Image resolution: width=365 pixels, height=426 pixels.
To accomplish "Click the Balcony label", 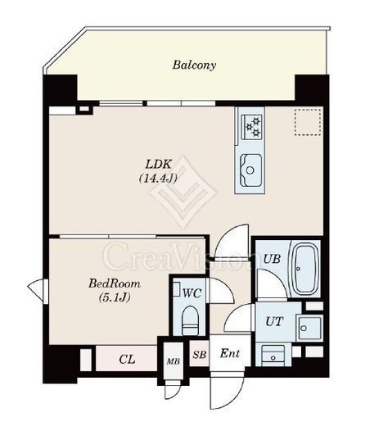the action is click(194, 66).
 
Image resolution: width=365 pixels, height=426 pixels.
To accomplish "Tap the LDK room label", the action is click(158, 165).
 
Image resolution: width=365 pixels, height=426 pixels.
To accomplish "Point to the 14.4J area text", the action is click(158, 179).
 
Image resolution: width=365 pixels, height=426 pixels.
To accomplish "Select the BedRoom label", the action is click(115, 283).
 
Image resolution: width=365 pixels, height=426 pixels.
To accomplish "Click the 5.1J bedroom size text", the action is click(115, 297).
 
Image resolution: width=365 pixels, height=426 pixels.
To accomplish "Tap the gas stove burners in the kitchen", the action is click(251, 126).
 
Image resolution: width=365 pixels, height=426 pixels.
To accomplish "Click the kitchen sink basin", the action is click(250, 170).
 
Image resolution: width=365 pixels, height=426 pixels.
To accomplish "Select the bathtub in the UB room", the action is click(305, 269).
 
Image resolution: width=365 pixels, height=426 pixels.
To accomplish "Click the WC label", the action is click(192, 293).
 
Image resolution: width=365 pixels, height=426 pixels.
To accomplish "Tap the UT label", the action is click(274, 322).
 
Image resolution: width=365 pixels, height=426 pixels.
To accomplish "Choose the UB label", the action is click(272, 259).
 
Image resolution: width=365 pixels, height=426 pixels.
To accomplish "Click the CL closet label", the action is click(127, 360).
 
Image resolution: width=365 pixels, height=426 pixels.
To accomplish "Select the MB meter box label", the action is click(173, 361).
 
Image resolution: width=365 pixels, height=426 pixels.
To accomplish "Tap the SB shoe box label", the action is click(200, 355).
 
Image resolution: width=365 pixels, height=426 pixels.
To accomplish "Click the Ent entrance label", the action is click(230, 353).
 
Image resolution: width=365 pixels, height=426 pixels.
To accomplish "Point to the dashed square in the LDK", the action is click(308, 122).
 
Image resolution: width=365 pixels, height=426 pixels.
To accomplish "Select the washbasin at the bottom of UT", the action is click(273, 356).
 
